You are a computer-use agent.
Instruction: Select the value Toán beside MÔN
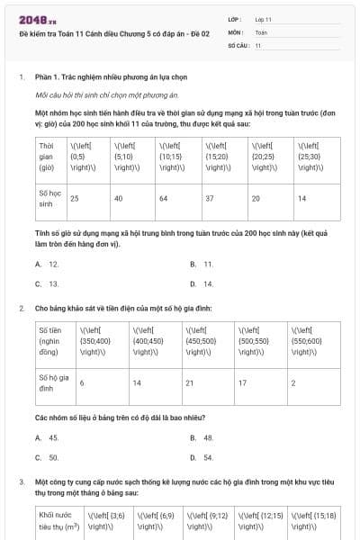(261, 31)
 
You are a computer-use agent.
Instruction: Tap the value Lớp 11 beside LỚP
(264, 18)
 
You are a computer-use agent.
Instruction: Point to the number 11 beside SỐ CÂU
(258, 45)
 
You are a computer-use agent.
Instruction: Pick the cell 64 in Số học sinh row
(164, 197)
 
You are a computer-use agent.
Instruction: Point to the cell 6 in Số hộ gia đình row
(82, 382)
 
